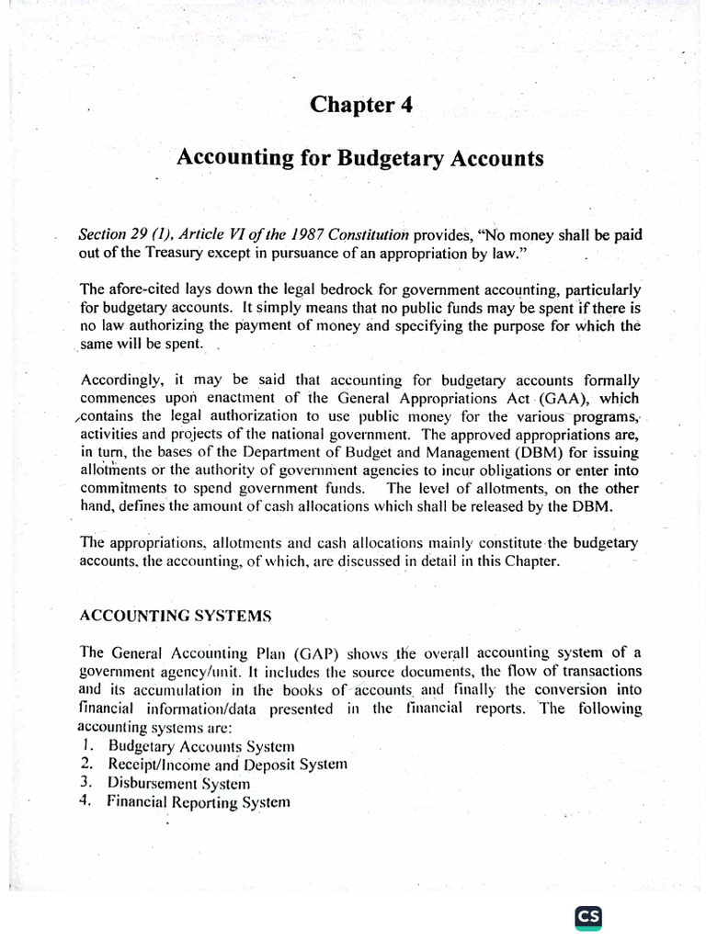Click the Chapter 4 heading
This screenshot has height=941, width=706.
click(x=360, y=105)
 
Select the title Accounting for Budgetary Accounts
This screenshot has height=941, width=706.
click(x=359, y=158)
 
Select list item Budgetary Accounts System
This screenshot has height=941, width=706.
click(x=201, y=745)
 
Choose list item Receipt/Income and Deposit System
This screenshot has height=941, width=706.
click(x=227, y=764)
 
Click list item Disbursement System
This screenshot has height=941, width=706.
click(x=178, y=783)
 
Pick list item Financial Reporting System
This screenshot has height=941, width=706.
click(x=199, y=801)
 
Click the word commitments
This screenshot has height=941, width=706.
click(x=126, y=488)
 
